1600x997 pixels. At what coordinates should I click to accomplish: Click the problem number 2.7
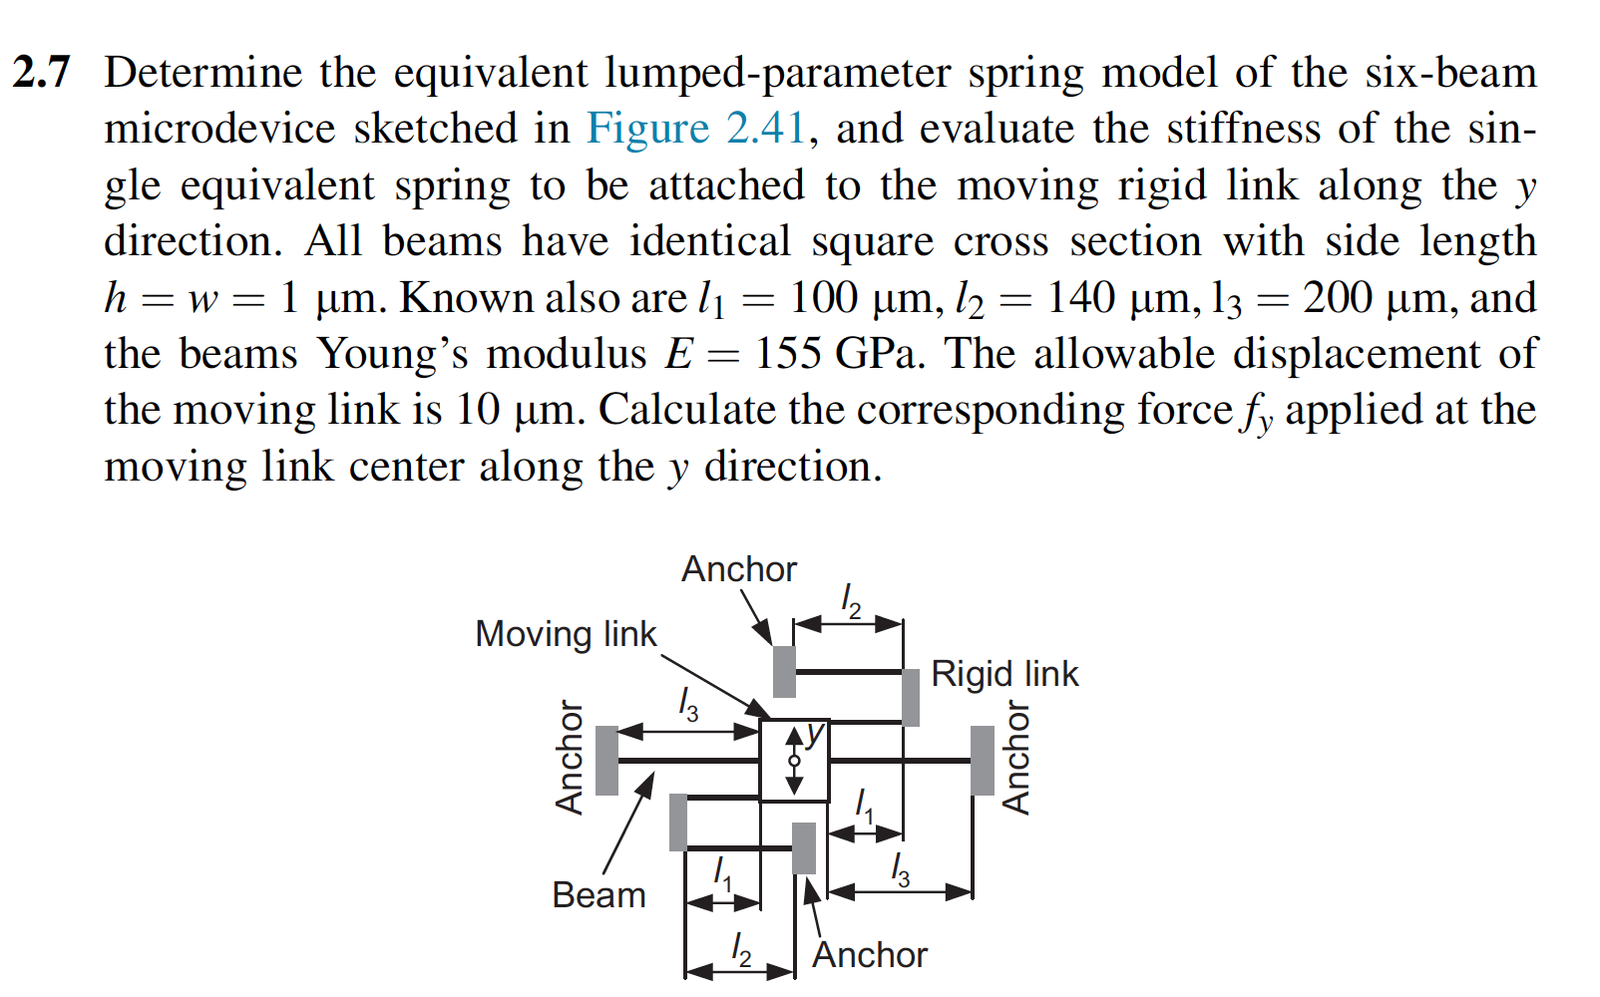click(x=42, y=73)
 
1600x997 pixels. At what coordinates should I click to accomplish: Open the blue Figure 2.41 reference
click(x=695, y=129)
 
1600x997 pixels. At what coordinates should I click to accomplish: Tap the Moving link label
click(x=566, y=634)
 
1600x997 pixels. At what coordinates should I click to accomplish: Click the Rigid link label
click(x=1003, y=674)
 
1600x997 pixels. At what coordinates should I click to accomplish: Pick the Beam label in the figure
click(x=599, y=895)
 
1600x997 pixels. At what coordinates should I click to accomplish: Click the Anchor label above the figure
click(x=739, y=569)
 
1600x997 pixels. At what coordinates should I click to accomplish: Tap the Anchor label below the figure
click(x=869, y=955)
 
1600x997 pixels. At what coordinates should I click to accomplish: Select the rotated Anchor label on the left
click(x=570, y=758)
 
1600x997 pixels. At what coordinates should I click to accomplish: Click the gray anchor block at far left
click(x=606, y=760)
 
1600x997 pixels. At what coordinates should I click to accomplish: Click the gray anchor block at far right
click(x=983, y=760)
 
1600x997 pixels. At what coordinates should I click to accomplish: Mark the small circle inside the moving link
click(x=794, y=761)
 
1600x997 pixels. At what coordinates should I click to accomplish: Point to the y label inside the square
click(x=816, y=734)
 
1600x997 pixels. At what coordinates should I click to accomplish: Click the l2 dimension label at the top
click(x=850, y=600)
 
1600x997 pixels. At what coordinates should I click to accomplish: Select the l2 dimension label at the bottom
click(x=740, y=948)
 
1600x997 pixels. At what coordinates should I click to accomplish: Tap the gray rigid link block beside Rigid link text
click(x=910, y=697)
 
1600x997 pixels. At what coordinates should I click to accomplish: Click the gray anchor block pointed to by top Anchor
click(x=785, y=671)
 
